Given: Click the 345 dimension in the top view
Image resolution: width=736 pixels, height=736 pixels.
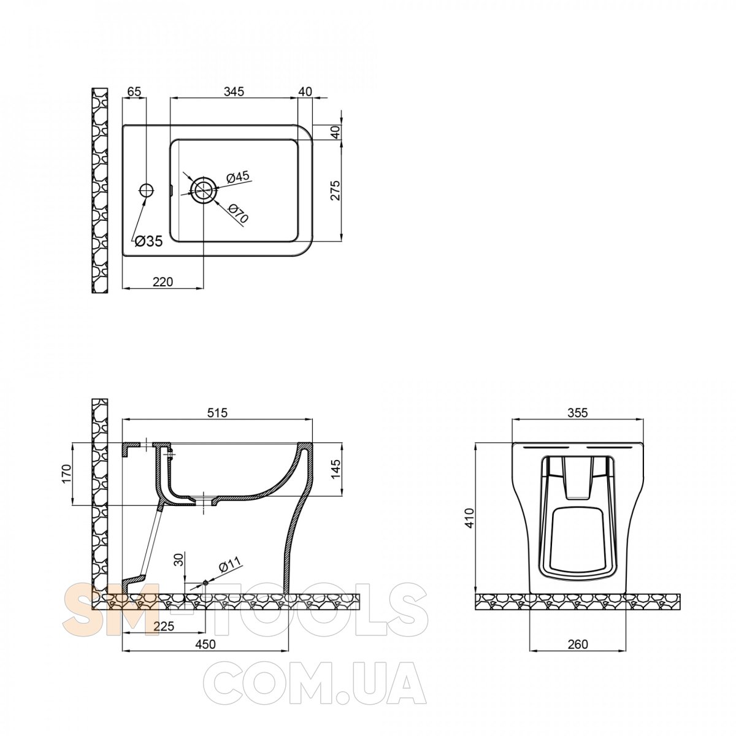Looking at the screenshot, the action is tap(234, 91).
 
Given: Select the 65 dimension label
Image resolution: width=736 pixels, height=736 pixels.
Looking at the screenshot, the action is tap(134, 91).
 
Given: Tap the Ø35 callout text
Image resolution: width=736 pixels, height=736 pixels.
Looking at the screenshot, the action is tap(148, 241).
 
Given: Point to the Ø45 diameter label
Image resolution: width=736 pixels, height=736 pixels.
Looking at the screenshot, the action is tap(237, 177).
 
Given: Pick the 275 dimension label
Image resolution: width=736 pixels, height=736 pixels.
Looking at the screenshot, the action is tap(335, 190).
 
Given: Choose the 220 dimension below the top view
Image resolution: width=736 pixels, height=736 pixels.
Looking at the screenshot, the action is tap(163, 282).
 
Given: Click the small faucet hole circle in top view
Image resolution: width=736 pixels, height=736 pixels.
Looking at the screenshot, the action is tap(146, 190).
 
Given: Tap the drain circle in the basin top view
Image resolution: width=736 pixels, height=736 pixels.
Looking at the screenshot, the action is tap(204, 190).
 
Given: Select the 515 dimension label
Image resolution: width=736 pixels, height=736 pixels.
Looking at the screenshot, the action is tap(217, 413).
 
